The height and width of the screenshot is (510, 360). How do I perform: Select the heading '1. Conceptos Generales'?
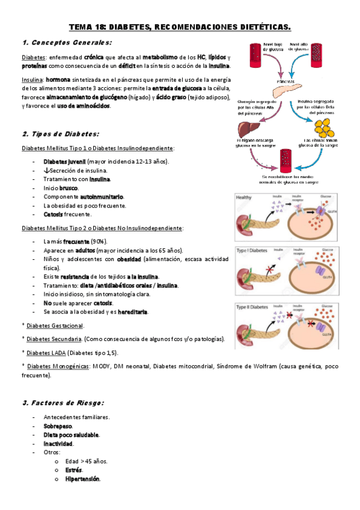pyautogui.click(x=66, y=43)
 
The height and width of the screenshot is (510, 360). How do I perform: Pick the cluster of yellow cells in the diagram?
pyautogui.click(x=326, y=128)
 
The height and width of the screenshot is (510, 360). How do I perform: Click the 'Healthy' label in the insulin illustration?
pyautogui.click(x=244, y=197)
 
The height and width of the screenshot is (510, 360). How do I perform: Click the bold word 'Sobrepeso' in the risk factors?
pyautogui.click(x=58, y=425)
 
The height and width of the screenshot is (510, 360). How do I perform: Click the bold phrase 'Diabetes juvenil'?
pyautogui.click(x=64, y=162)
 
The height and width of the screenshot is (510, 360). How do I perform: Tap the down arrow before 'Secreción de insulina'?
pyautogui.click(x=46, y=171)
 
